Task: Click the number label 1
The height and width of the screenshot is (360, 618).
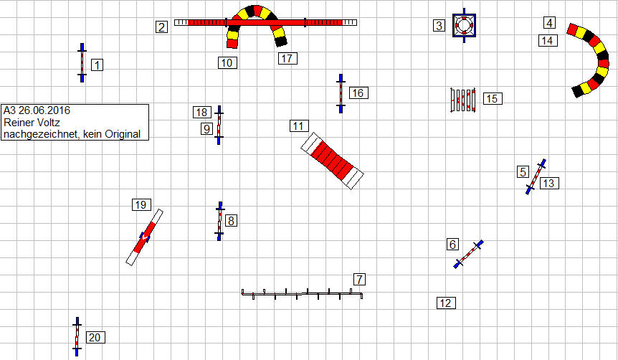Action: [97, 65]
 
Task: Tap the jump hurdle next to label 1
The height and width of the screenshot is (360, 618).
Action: [82, 62]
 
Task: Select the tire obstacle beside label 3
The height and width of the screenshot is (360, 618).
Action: [465, 25]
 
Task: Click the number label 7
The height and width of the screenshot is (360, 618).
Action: [359, 279]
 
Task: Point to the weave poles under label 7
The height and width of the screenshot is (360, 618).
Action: [302, 294]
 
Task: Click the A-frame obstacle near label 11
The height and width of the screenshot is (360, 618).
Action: [332, 161]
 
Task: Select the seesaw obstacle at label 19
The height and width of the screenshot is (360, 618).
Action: [144, 237]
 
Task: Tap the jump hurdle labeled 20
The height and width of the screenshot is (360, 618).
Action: [77, 337]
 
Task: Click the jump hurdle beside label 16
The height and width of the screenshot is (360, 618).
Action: [341, 93]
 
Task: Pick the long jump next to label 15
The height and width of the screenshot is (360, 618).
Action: [462, 100]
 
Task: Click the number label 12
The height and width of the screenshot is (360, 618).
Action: [446, 303]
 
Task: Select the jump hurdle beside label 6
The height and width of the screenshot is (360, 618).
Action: [469, 254]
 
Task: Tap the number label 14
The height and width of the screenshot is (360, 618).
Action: [548, 40]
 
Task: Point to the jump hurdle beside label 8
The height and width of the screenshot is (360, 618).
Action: [219, 221]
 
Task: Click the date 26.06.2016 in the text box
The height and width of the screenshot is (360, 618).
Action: [44, 110]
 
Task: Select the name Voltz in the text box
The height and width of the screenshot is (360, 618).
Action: [49, 122]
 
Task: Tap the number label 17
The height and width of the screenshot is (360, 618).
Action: [287, 58]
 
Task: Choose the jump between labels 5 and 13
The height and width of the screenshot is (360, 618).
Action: [536, 176]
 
